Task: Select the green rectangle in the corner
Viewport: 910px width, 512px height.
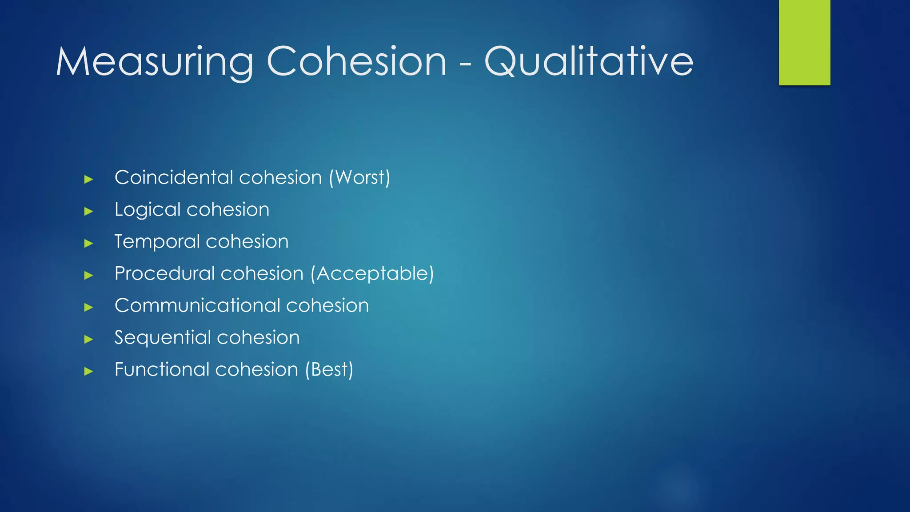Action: coord(804,42)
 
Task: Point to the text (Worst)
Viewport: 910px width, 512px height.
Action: coord(359,177)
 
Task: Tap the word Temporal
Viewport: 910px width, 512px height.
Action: coord(157,242)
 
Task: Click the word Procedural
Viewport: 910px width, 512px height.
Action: coord(164,273)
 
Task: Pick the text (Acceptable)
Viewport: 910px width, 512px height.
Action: coord(372,273)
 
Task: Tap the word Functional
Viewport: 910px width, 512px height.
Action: coord(161,370)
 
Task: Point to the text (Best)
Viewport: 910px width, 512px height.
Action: coord(329,370)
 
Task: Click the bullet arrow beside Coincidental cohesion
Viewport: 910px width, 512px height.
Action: coord(88,179)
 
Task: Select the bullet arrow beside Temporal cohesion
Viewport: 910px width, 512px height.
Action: coord(88,243)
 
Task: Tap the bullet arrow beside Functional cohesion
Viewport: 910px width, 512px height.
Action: coord(88,371)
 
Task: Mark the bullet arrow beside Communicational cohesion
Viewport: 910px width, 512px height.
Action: coord(88,307)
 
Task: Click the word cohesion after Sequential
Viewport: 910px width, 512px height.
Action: coord(258,338)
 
